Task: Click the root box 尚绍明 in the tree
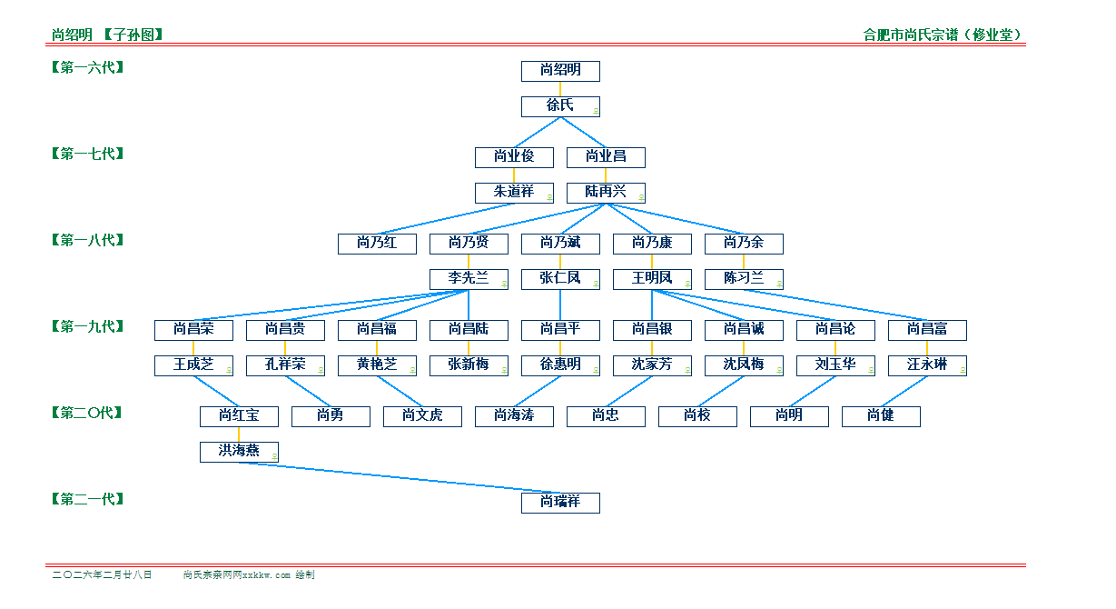click(x=560, y=71)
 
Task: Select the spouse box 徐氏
click(x=560, y=106)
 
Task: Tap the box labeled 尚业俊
click(x=514, y=157)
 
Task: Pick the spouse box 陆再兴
click(x=606, y=193)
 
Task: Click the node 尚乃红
click(x=377, y=244)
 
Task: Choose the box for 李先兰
click(x=469, y=279)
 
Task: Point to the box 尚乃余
click(x=744, y=244)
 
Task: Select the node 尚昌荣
click(x=193, y=330)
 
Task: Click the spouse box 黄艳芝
click(x=377, y=365)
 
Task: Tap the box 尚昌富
click(x=927, y=330)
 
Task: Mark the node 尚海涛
click(x=514, y=416)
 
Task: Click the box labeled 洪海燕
click(x=239, y=452)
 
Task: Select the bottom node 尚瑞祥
click(x=560, y=503)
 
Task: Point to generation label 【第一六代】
click(x=87, y=67)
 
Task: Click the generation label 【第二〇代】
click(x=87, y=413)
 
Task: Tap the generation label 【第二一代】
click(x=87, y=499)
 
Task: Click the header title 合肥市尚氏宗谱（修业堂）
click(x=943, y=35)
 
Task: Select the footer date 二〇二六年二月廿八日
click(x=103, y=575)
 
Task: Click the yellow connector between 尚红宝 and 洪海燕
click(x=239, y=434)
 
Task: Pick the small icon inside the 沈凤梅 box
click(x=779, y=370)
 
